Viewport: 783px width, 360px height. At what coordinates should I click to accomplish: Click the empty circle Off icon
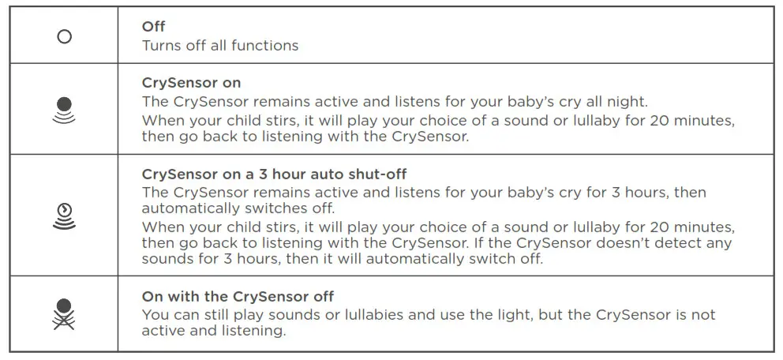pyautogui.click(x=65, y=36)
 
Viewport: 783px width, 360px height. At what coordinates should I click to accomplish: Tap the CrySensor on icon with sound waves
pyautogui.click(x=65, y=110)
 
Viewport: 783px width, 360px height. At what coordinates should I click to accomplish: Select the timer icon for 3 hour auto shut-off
pyautogui.click(x=65, y=215)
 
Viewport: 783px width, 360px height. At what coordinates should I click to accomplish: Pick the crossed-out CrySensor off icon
pyautogui.click(x=65, y=313)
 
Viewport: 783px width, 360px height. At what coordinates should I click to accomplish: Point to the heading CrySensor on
pyautogui.click(x=191, y=83)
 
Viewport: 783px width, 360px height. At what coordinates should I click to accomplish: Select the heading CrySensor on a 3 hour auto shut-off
pyautogui.click(x=274, y=174)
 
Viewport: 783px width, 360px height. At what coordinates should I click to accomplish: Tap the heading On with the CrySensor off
pyautogui.click(x=238, y=297)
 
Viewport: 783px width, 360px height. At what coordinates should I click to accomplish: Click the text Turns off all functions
pyautogui.click(x=220, y=45)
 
